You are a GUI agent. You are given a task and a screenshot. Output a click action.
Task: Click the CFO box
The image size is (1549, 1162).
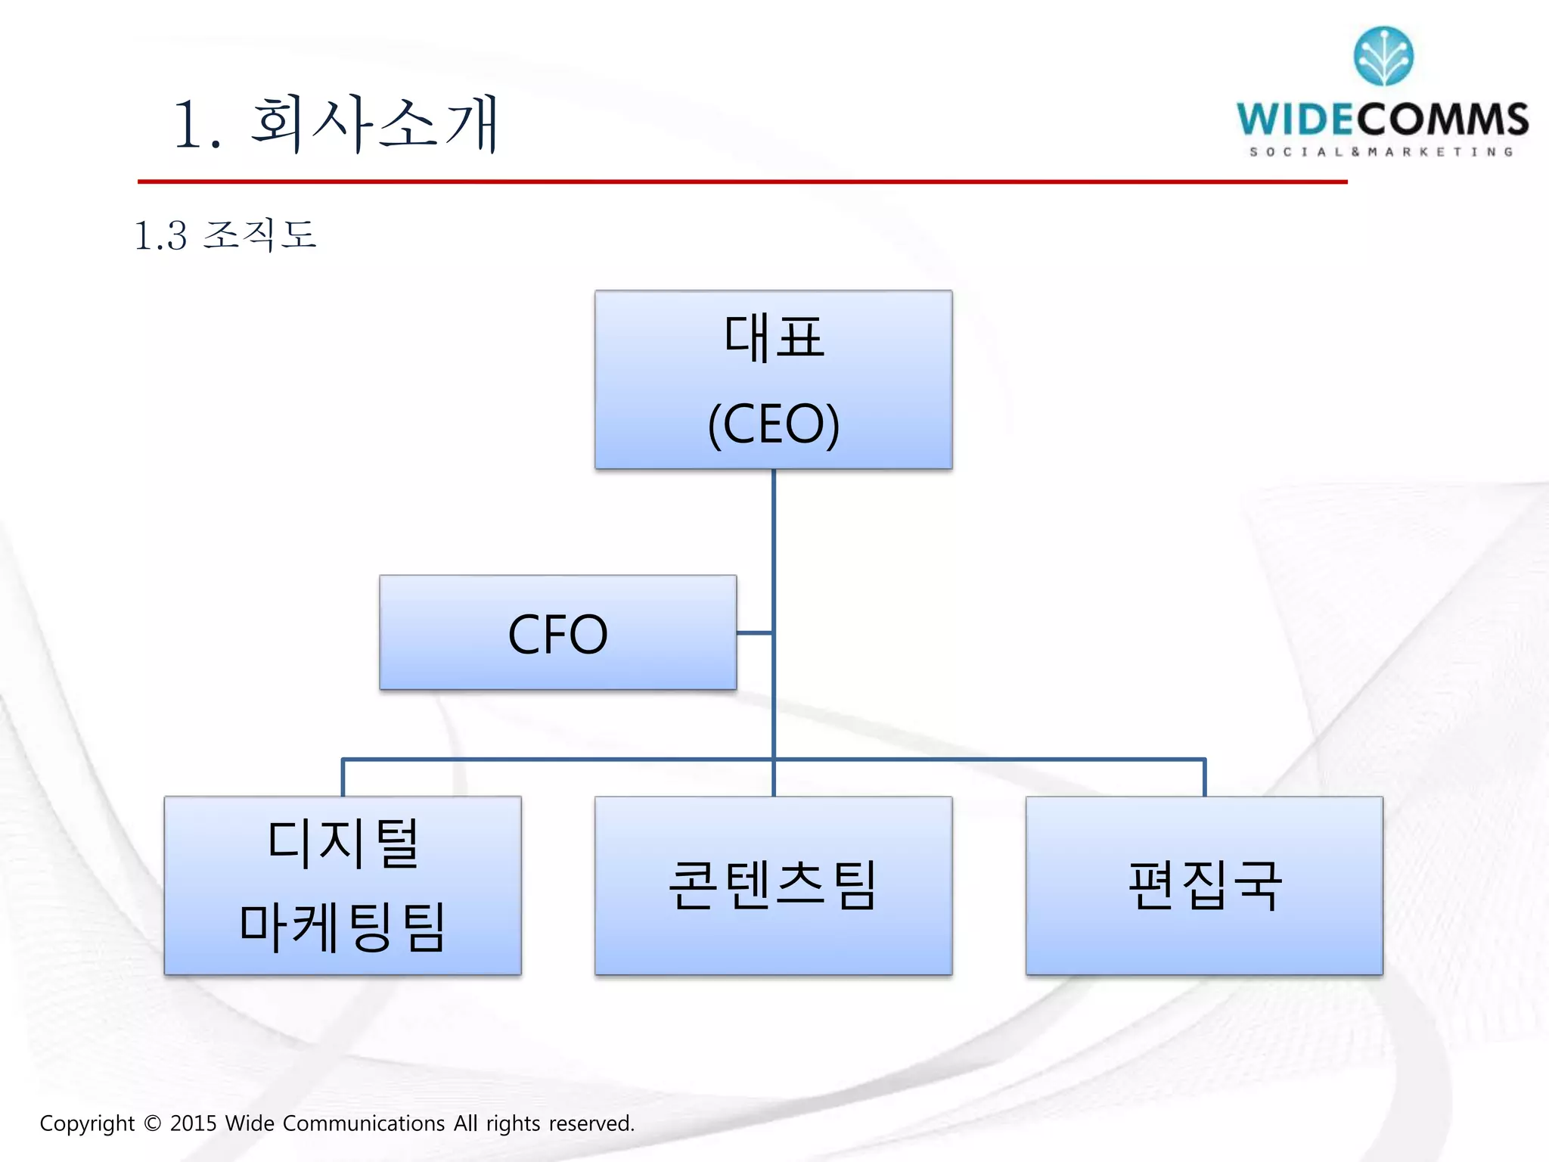[x=557, y=632]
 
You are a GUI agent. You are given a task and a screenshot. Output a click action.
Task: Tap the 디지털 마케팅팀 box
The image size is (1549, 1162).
[x=342, y=885]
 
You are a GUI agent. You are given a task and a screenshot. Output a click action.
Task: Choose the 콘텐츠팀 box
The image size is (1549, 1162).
[x=773, y=885]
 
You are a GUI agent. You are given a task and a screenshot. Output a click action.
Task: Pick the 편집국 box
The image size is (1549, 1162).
[x=1204, y=885]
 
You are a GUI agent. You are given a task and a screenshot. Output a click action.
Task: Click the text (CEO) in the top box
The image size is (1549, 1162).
[x=773, y=424]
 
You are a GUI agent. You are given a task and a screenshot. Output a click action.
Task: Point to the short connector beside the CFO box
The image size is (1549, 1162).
[x=754, y=632]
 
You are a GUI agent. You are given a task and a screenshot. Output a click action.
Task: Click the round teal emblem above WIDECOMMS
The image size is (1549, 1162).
[x=1383, y=56]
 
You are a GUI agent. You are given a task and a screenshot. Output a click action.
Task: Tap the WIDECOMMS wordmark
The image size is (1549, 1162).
[x=1382, y=120]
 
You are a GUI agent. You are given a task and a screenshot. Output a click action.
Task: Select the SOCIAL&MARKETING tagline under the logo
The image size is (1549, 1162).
[x=1382, y=152]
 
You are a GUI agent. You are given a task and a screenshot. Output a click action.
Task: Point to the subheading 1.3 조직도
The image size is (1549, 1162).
[x=225, y=235]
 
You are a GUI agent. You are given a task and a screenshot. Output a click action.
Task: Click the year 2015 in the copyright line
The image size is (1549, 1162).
[x=193, y=1123]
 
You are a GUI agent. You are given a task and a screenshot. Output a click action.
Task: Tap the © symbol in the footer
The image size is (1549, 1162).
[x=152, y=1123]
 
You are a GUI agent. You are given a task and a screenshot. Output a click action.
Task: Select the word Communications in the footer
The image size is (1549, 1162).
[x=363, y=1123]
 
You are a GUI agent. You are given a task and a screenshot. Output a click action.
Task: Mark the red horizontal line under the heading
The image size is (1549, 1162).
[x=741, y=182]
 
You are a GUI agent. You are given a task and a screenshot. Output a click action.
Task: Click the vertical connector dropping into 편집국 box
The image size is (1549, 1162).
[x=1204, y=778]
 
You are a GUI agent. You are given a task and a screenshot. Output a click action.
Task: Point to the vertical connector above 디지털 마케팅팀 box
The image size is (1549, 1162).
[x=343, y=778]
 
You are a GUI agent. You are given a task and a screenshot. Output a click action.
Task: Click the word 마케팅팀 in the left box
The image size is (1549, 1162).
[x=342, y=927]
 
